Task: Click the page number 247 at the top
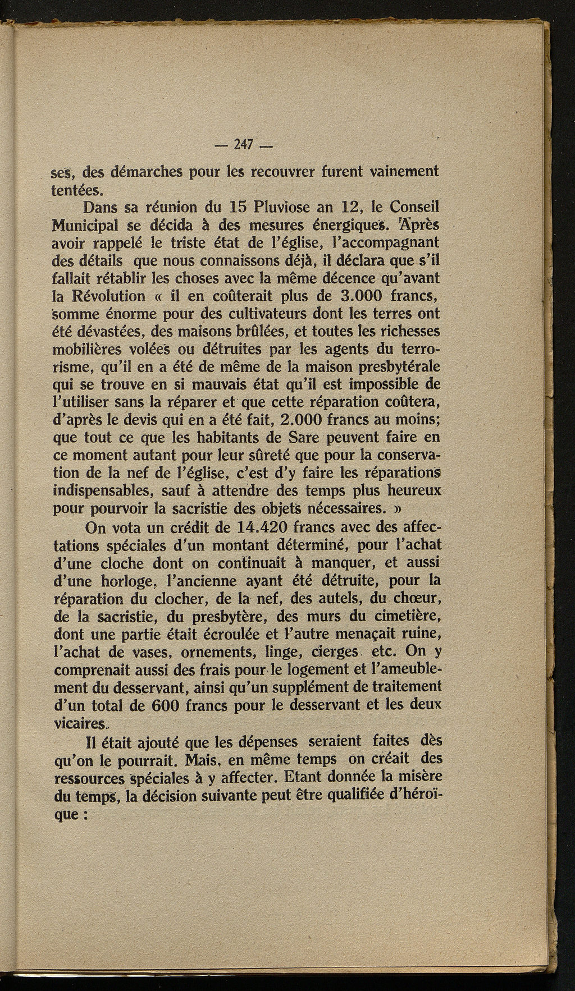click(244, 145)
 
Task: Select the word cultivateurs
click(265, 314)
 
